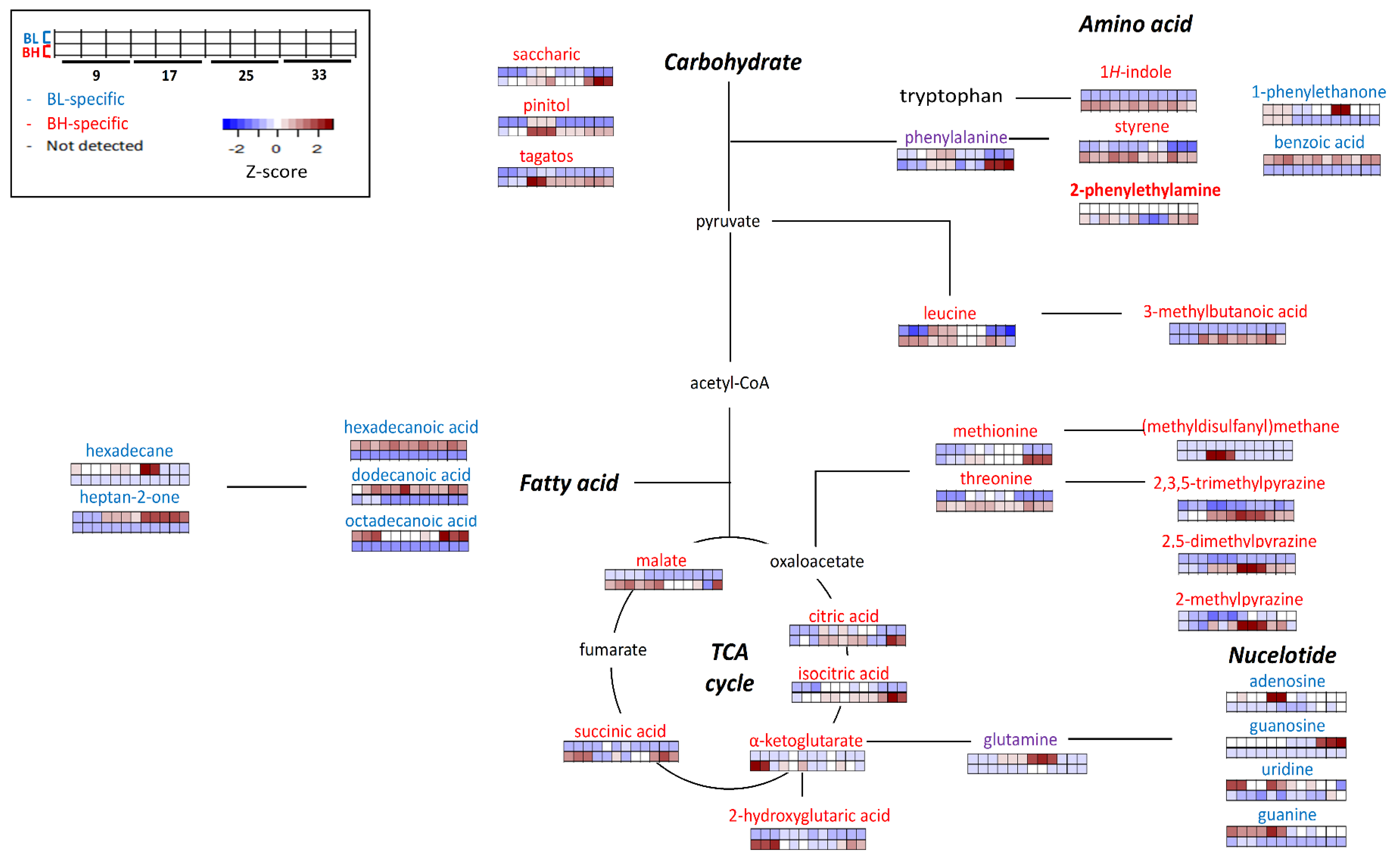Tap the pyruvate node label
(x=728, y=221)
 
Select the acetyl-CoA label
(x=729, y=383)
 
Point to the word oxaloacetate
(x=816, y=562)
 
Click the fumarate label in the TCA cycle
(x=613, y=650)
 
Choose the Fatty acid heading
(x=569, y=483)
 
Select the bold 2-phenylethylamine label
(x=1145, y=190)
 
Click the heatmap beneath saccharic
(x=555, y=76)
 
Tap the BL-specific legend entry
(x=85, y=99)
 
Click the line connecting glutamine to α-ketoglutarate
(x=918, y=741)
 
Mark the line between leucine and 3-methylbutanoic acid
(x=1080, y=313)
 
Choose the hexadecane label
(x=129, y=450)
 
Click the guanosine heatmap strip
(x=1286, y=747)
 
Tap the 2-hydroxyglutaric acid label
(x=809, y=816)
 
